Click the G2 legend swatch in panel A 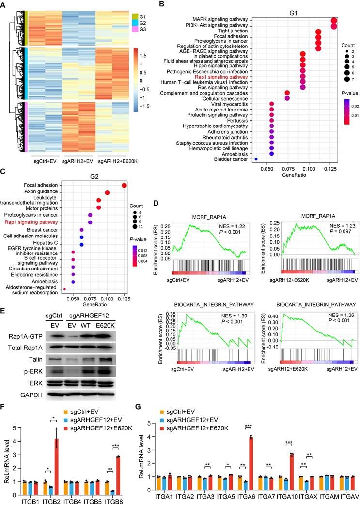135,23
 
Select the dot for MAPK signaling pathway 334,20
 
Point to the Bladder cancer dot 256,158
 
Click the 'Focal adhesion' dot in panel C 125,185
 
